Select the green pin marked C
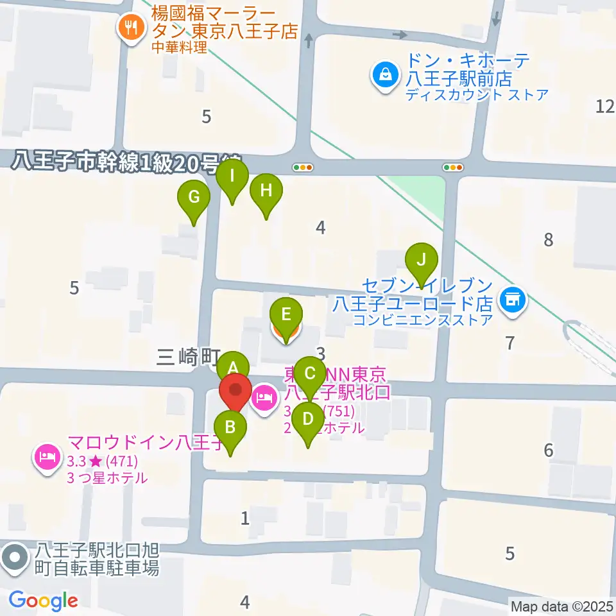tap(310, 373)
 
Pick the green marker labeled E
tap(286, 314)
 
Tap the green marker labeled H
tap(266, 191)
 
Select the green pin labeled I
tap(232, 175)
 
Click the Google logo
tap(43, 601)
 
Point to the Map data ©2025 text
tap(562, 606)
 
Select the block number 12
tap(604, 107)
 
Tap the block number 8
tap(548, 240)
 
